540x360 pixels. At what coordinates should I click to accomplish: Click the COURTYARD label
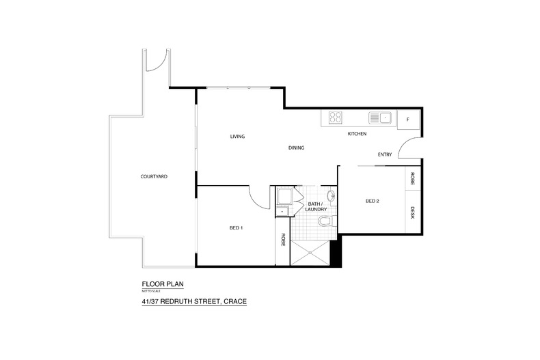pos(154,176)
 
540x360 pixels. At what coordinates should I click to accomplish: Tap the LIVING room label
pos(237,137)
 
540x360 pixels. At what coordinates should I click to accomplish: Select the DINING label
pos(296,148)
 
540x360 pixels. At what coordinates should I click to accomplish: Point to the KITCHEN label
pos(357,133)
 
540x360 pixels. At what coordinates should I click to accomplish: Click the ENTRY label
pos(385,154)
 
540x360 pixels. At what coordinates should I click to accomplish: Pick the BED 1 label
pos(237,228)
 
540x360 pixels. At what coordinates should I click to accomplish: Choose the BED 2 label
pos(373,201)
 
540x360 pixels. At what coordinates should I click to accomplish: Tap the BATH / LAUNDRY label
pos(316,206)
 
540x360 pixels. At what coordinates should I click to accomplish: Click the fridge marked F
pos(408,120)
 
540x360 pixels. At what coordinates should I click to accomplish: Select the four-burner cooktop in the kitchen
pos(335,117)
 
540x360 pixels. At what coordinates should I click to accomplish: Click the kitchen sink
pos(380,117)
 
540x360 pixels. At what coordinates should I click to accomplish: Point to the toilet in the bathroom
pos(325,220)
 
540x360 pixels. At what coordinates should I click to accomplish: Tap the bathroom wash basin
pos(332,196)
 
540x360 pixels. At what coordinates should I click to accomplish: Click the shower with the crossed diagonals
pos(310,253)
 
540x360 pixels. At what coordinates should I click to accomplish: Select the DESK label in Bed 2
pos(412,212)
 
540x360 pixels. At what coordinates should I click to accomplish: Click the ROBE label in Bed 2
pos(412,178)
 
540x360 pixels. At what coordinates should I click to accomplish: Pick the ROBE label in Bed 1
pos(283,240)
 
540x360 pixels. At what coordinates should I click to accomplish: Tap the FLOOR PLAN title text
pos(163,284)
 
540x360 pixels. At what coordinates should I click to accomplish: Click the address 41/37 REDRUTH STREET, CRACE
pos(194,301)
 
